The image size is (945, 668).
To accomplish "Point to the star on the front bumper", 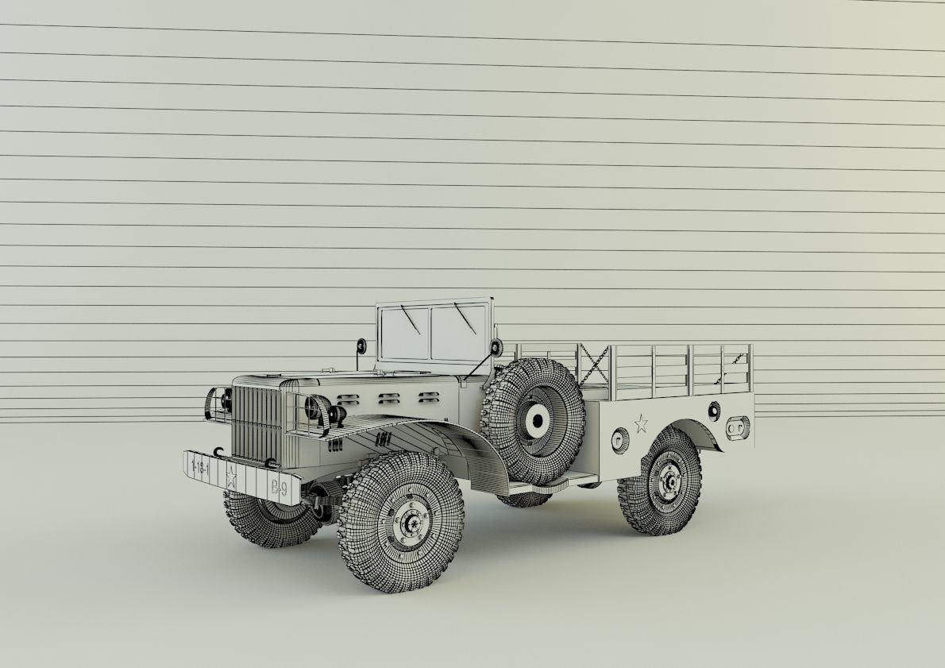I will coord(232,478).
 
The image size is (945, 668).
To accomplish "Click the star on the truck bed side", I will coord(640,423).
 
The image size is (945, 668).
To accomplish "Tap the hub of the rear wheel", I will coord(669,481).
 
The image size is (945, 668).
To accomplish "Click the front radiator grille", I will coord(256,423).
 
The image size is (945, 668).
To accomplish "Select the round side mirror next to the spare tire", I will coord(497,347).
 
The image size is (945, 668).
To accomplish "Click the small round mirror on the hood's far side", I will coord(361,346).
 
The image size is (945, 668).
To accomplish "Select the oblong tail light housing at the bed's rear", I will coord(737,427).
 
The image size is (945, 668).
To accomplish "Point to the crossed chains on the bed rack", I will coord(593,365).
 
